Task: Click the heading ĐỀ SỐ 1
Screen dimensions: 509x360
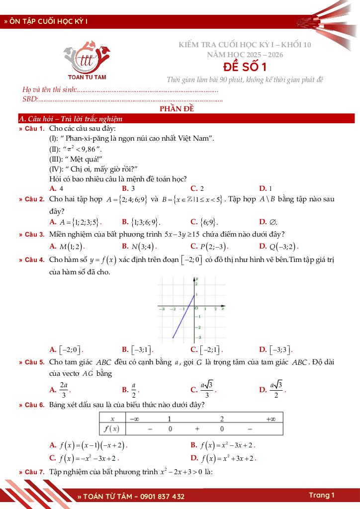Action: tap(245, 67)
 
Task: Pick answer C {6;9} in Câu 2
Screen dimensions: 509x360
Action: tap(204, 222)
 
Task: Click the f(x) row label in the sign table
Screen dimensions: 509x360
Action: tap(113, 428)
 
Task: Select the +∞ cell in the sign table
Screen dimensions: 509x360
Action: tap(270, 419)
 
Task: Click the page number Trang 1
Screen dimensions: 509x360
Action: tap(321, 495)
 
